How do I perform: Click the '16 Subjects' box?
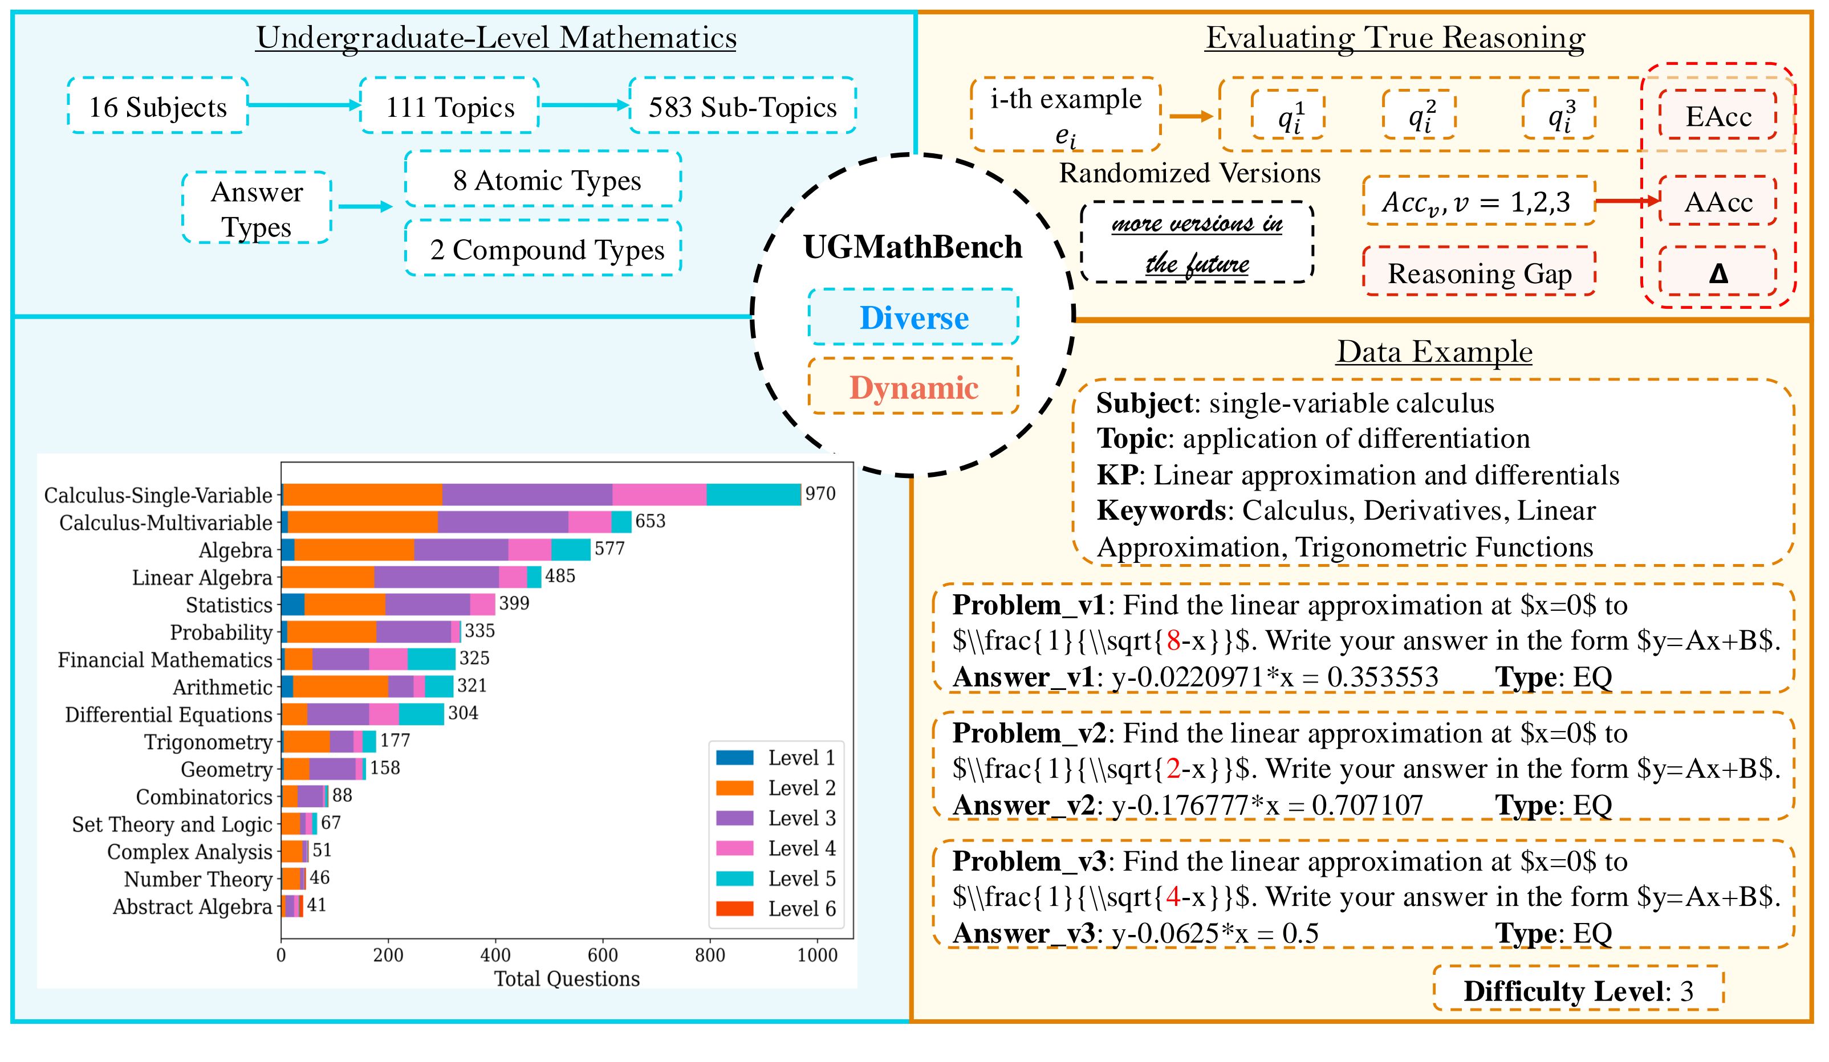[157, 106]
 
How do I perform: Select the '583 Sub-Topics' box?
[742, 106]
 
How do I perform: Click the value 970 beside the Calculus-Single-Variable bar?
[820, 493]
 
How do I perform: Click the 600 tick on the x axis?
[603, 955]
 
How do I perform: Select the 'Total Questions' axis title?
[567, 979]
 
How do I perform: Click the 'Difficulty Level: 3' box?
[1578, 990]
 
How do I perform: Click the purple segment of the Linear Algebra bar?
[436, 577]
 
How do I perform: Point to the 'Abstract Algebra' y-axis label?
[192, 907]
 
